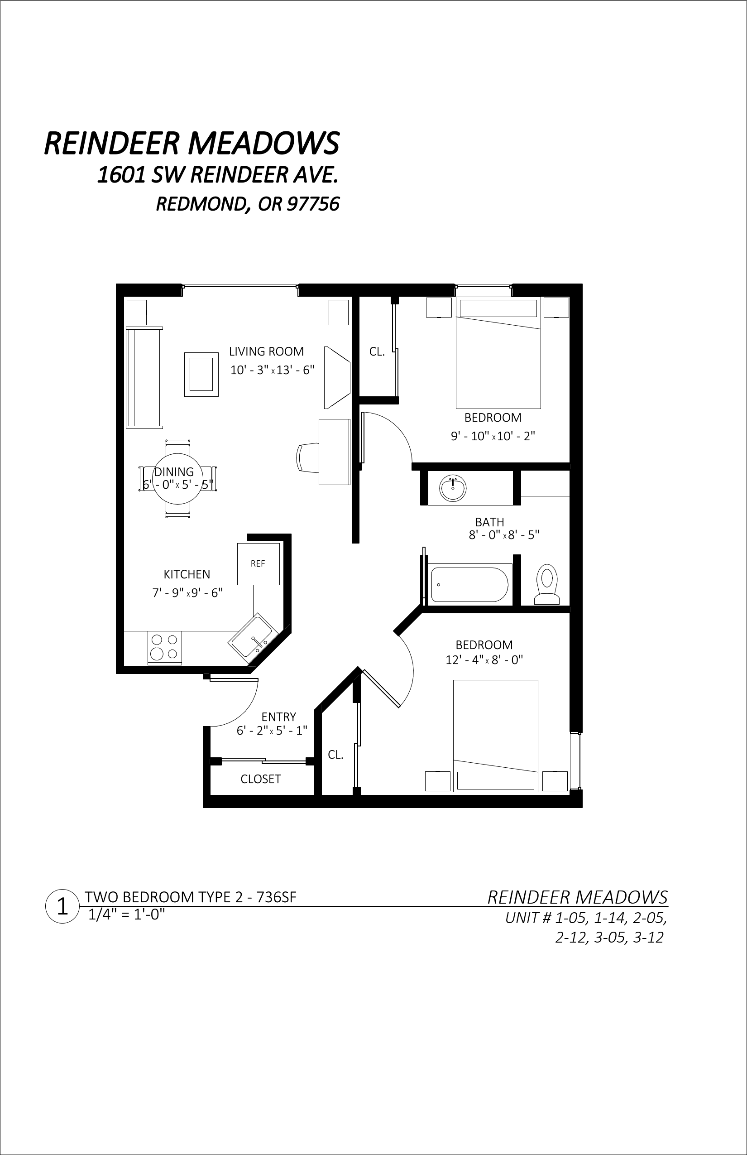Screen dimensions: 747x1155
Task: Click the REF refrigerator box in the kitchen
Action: [x=258, y=564]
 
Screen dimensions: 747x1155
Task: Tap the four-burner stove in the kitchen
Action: [x=164, y=647]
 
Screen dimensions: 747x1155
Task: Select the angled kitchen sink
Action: [x=253, y=638]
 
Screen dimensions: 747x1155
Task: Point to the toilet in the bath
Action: [x=547, y=584]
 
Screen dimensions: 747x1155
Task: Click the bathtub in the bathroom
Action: [x=469, y=584]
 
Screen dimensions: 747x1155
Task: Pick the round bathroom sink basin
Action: [x=453, y=488]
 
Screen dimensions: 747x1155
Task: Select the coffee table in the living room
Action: [x=201, y=374]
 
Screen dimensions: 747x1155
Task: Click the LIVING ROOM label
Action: [x=266, y=351]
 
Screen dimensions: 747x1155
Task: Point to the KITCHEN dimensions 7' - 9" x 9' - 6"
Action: [x=188, y=592]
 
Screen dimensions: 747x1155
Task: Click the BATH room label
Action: [x=489, y=522]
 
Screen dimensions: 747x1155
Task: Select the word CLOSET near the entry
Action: [x=260, y=779]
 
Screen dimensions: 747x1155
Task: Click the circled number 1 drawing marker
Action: [x=62, y=906]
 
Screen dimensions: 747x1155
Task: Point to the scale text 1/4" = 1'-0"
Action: [x=127, y=914]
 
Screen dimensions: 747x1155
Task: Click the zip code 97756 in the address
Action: [x=313, y=204]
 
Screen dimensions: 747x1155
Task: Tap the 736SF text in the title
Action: [x=276, y=897]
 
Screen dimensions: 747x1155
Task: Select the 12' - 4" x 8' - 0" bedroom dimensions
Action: [x=484, y=660]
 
